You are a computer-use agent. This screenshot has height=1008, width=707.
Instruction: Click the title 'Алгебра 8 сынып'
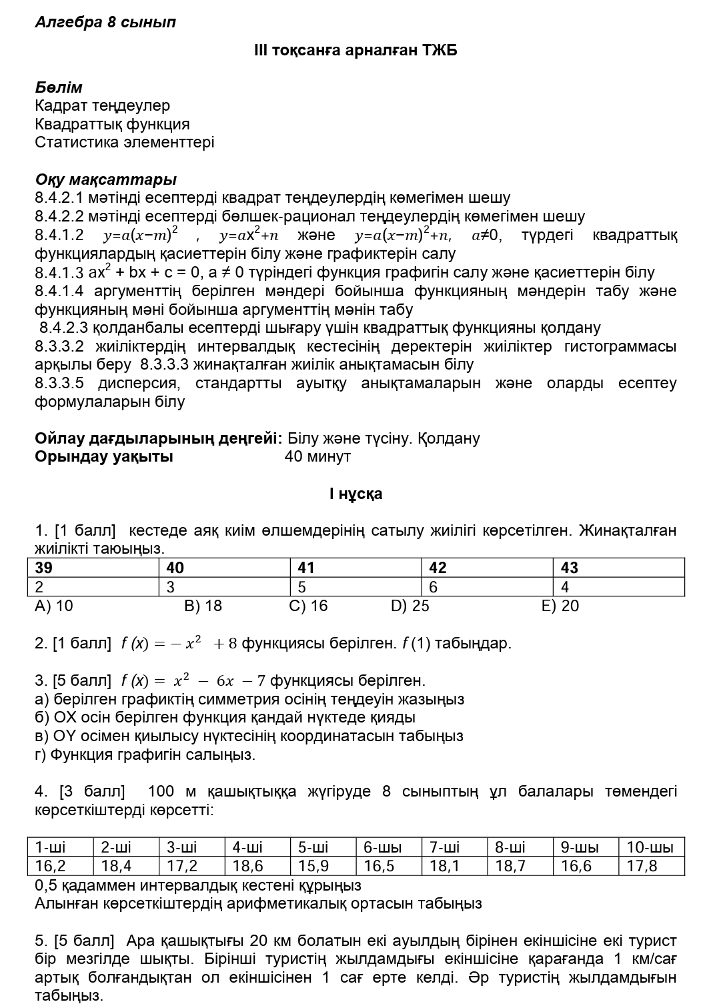click(x=105, y=22)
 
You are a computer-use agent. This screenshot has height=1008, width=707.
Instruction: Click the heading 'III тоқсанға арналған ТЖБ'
click(x=356, y=51)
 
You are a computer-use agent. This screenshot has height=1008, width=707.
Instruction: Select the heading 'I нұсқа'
click(x=356, y=494)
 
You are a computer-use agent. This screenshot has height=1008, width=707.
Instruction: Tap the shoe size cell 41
click(x=306, y=568)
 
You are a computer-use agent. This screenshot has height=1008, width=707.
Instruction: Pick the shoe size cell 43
click(x=570, y=568)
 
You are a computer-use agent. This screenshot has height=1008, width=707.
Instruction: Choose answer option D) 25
click(x=410, y=606)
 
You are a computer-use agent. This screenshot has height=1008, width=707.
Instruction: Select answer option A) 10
click(x=54, y=606)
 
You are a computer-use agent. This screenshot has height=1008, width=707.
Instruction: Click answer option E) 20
click(x=560, y=606)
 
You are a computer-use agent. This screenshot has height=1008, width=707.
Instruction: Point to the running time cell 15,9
click(x=313, y=866)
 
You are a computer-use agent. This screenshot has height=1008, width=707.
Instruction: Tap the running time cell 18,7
click(x=510, y=866)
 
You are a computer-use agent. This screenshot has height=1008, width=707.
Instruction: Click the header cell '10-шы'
click(x=650, y=847)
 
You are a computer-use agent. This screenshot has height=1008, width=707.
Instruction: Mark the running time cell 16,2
click(x=51, y=866)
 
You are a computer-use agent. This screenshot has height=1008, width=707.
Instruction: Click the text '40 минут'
click(x=317, y=457)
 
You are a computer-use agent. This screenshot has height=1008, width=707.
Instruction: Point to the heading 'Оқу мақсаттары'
click(x=105, y=179)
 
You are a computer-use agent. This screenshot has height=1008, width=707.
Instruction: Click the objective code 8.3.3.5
click(x=59, y=384)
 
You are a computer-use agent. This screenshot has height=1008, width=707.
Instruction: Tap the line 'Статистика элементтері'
click(x=124, y=142)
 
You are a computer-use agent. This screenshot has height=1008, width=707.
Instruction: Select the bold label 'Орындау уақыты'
click(x=103, y=457)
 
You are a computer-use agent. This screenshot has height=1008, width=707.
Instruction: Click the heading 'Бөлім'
click(x=59, y=87)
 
